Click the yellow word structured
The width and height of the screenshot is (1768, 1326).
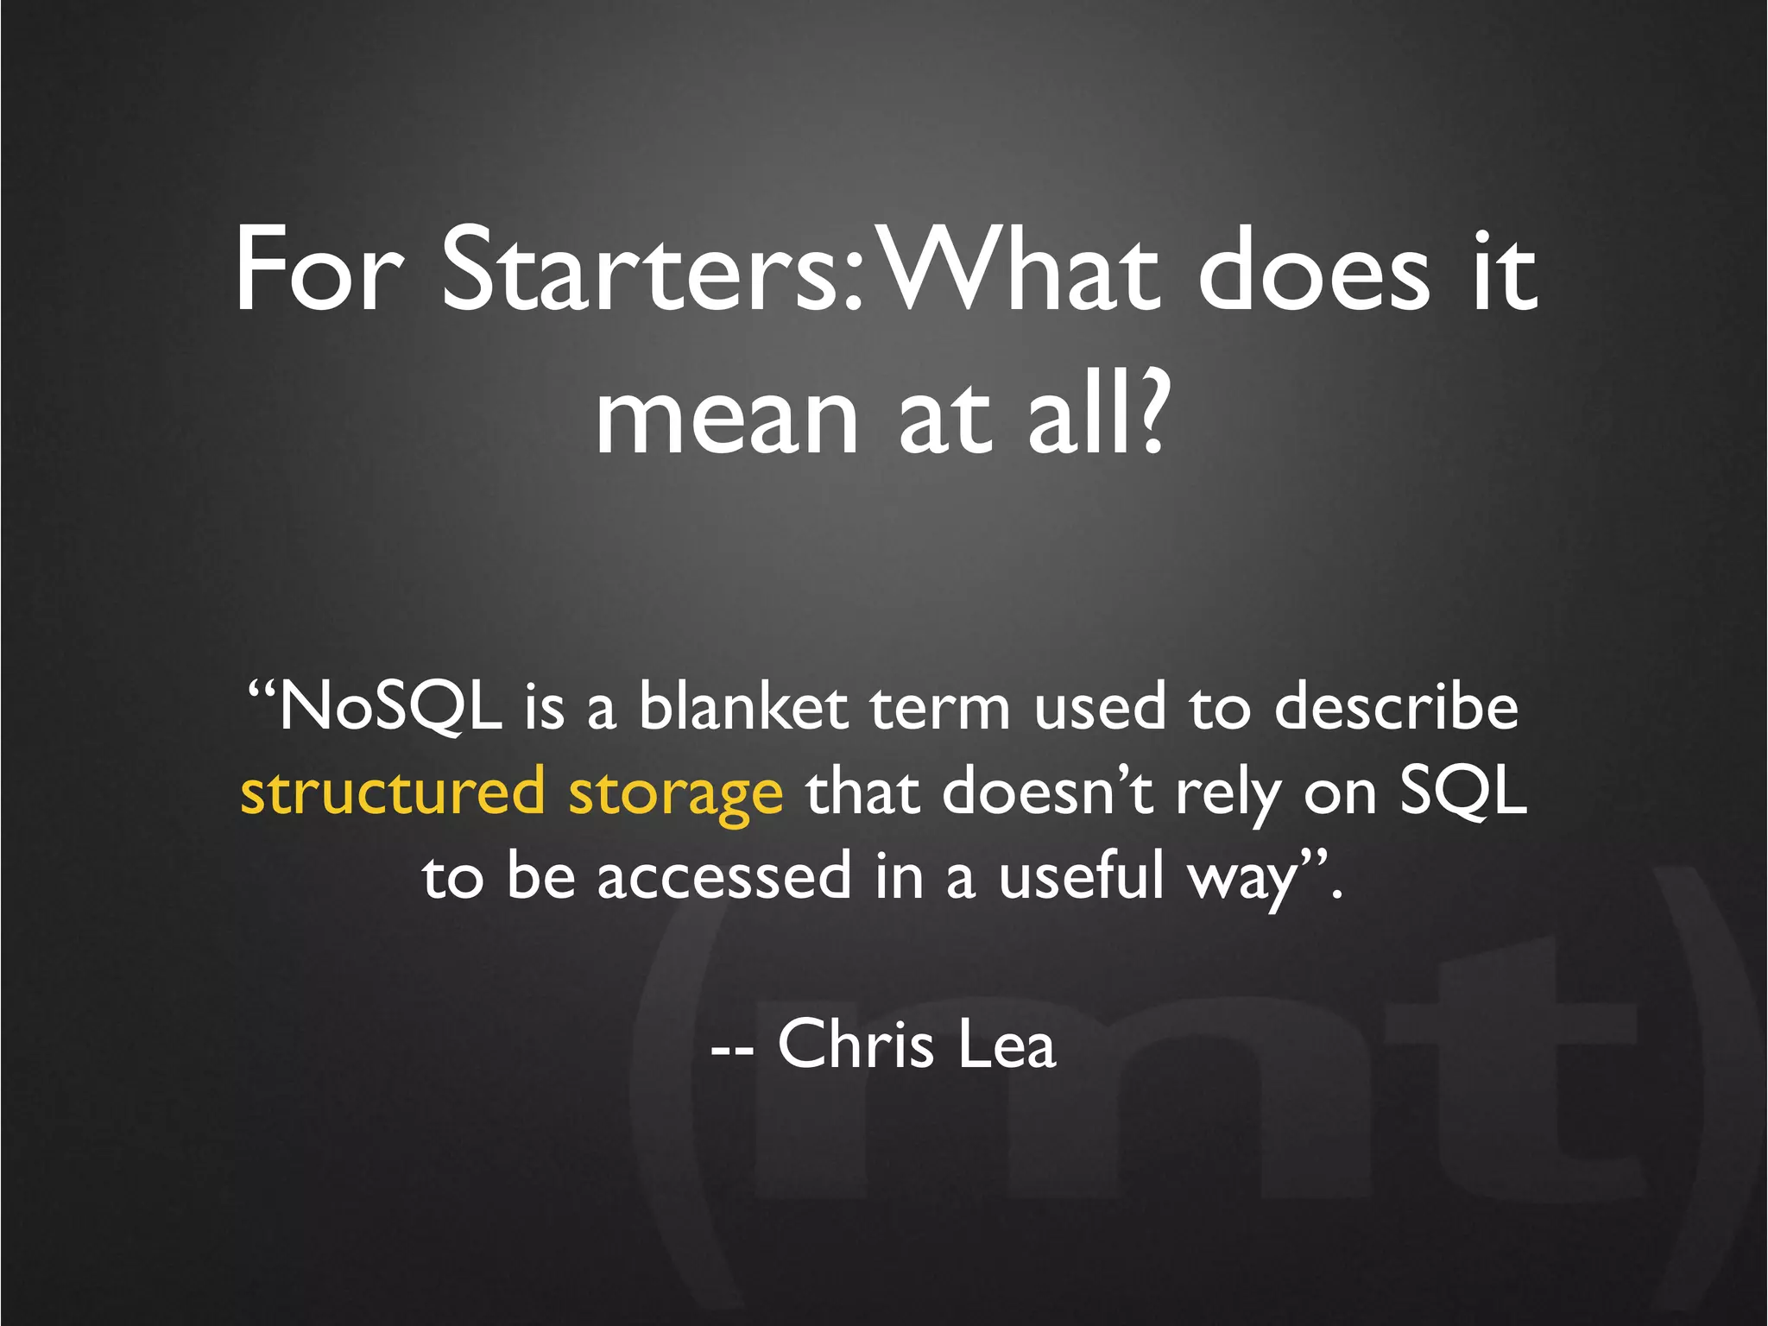(393, 792)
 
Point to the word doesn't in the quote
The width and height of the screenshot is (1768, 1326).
(1048, 792)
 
